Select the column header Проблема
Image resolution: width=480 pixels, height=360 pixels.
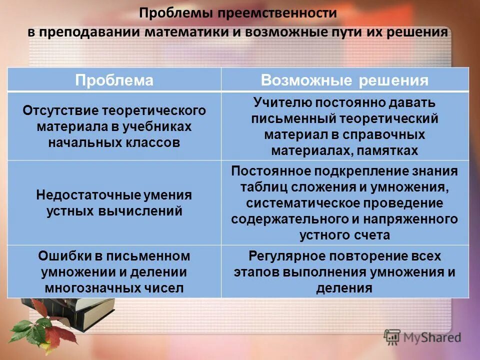[114, 80]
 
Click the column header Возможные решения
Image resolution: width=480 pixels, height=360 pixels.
[345, 80]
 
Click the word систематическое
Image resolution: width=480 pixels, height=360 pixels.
[298, 203]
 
